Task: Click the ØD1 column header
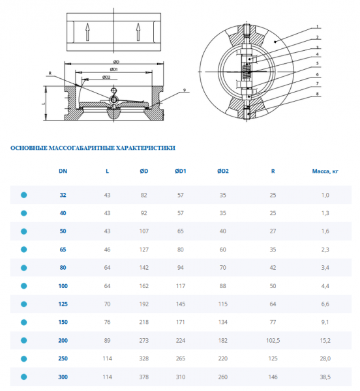181,171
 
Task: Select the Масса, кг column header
325,171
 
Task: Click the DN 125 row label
63,304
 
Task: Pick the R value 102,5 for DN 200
273,340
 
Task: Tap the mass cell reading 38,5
325,377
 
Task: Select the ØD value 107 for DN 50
144,231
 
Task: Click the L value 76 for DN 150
107,322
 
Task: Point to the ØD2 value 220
223,358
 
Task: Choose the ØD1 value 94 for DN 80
181,268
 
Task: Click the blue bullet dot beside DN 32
24,195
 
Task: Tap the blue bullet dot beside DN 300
24,377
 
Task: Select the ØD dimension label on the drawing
116,62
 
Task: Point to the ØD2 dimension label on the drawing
106,78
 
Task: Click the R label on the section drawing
50,73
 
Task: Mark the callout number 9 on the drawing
185,90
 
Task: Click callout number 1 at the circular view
318,27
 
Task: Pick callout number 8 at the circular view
318,94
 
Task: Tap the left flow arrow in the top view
87,32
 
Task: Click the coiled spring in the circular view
247,71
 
